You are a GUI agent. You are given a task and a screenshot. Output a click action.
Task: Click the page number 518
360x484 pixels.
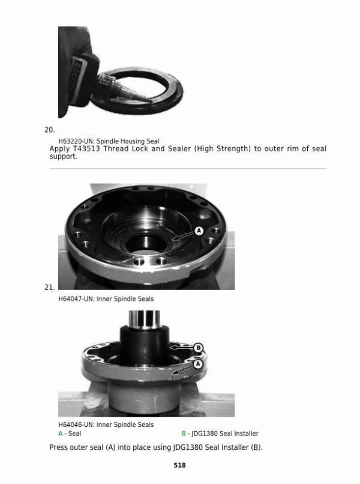(179, 465)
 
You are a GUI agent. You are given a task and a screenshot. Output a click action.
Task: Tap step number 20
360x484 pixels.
(49, 130)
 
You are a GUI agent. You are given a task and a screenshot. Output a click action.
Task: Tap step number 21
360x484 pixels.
(49, 288)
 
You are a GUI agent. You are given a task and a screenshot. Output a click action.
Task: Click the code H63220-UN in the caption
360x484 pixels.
(76, 141)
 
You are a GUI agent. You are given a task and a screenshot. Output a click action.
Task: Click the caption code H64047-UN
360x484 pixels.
(76, 299)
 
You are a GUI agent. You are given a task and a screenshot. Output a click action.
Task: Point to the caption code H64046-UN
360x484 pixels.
(76, 425)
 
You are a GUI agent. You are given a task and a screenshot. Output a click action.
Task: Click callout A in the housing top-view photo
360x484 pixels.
(199, 231)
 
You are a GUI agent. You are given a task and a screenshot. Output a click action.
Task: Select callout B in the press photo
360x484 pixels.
(198, 348)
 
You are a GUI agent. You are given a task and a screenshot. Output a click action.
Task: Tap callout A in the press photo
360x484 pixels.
(198, 365)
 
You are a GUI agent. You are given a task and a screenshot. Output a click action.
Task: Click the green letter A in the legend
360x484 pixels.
(61, 434)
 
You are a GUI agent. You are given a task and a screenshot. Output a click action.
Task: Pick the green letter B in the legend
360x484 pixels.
(184, 434)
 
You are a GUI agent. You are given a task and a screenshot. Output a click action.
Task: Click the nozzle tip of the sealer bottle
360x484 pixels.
(149, 100)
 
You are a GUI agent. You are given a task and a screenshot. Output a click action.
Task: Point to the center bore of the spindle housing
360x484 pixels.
(146, 243)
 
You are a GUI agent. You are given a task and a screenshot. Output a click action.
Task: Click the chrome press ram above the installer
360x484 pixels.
(144, 318)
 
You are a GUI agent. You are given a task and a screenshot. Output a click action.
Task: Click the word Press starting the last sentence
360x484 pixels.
(59, 447)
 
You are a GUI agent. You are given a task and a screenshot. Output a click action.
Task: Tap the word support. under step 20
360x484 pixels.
(63, 157)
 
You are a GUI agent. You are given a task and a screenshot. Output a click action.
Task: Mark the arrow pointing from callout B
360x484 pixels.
(182, 348)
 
